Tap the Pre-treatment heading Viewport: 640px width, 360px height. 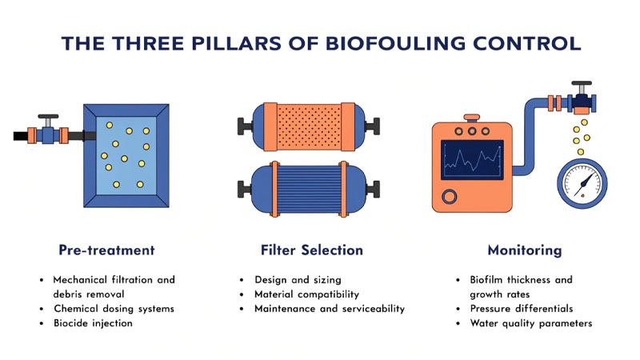click(x=106, y=250)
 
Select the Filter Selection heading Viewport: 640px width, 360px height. click(x=311, y=250)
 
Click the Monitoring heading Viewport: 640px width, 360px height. click(x=524, y=250)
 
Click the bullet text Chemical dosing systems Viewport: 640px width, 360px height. click(x=113, y=309)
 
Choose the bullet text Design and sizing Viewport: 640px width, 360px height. click(x=297, y=280)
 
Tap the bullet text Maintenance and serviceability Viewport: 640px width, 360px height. click(x=329, y=309)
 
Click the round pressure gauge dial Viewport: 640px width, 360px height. click(x=582, y=183)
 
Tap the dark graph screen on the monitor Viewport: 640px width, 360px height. click(x=473, y=159)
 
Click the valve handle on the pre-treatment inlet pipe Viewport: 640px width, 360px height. click(x=50, y=117)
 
